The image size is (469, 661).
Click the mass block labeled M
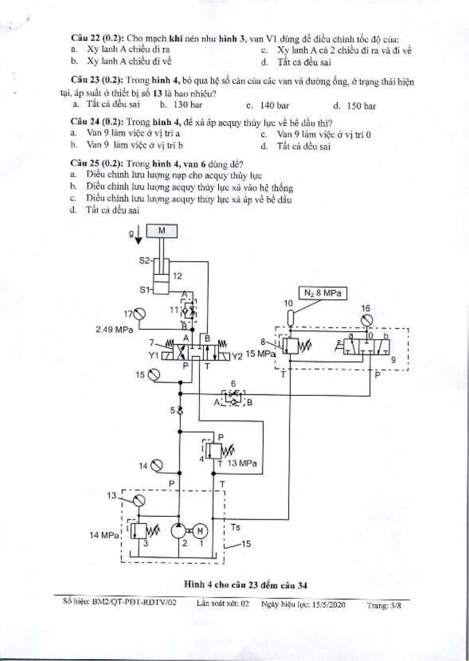tap(162, 231)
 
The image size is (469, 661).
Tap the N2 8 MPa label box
tap(322, 293)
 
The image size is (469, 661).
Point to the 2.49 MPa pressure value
tap(114, 330)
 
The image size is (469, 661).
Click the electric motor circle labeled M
tap(200, 531)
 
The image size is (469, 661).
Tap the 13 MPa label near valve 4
tap(242, 463)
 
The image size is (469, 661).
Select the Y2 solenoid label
tap(237, 357)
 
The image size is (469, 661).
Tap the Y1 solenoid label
tap(154, 355)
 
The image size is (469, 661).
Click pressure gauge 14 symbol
tap(157, 465)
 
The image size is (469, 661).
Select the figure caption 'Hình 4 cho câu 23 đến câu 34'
tap(245, 585)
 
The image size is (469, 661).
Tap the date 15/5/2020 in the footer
tap(329, 605)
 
